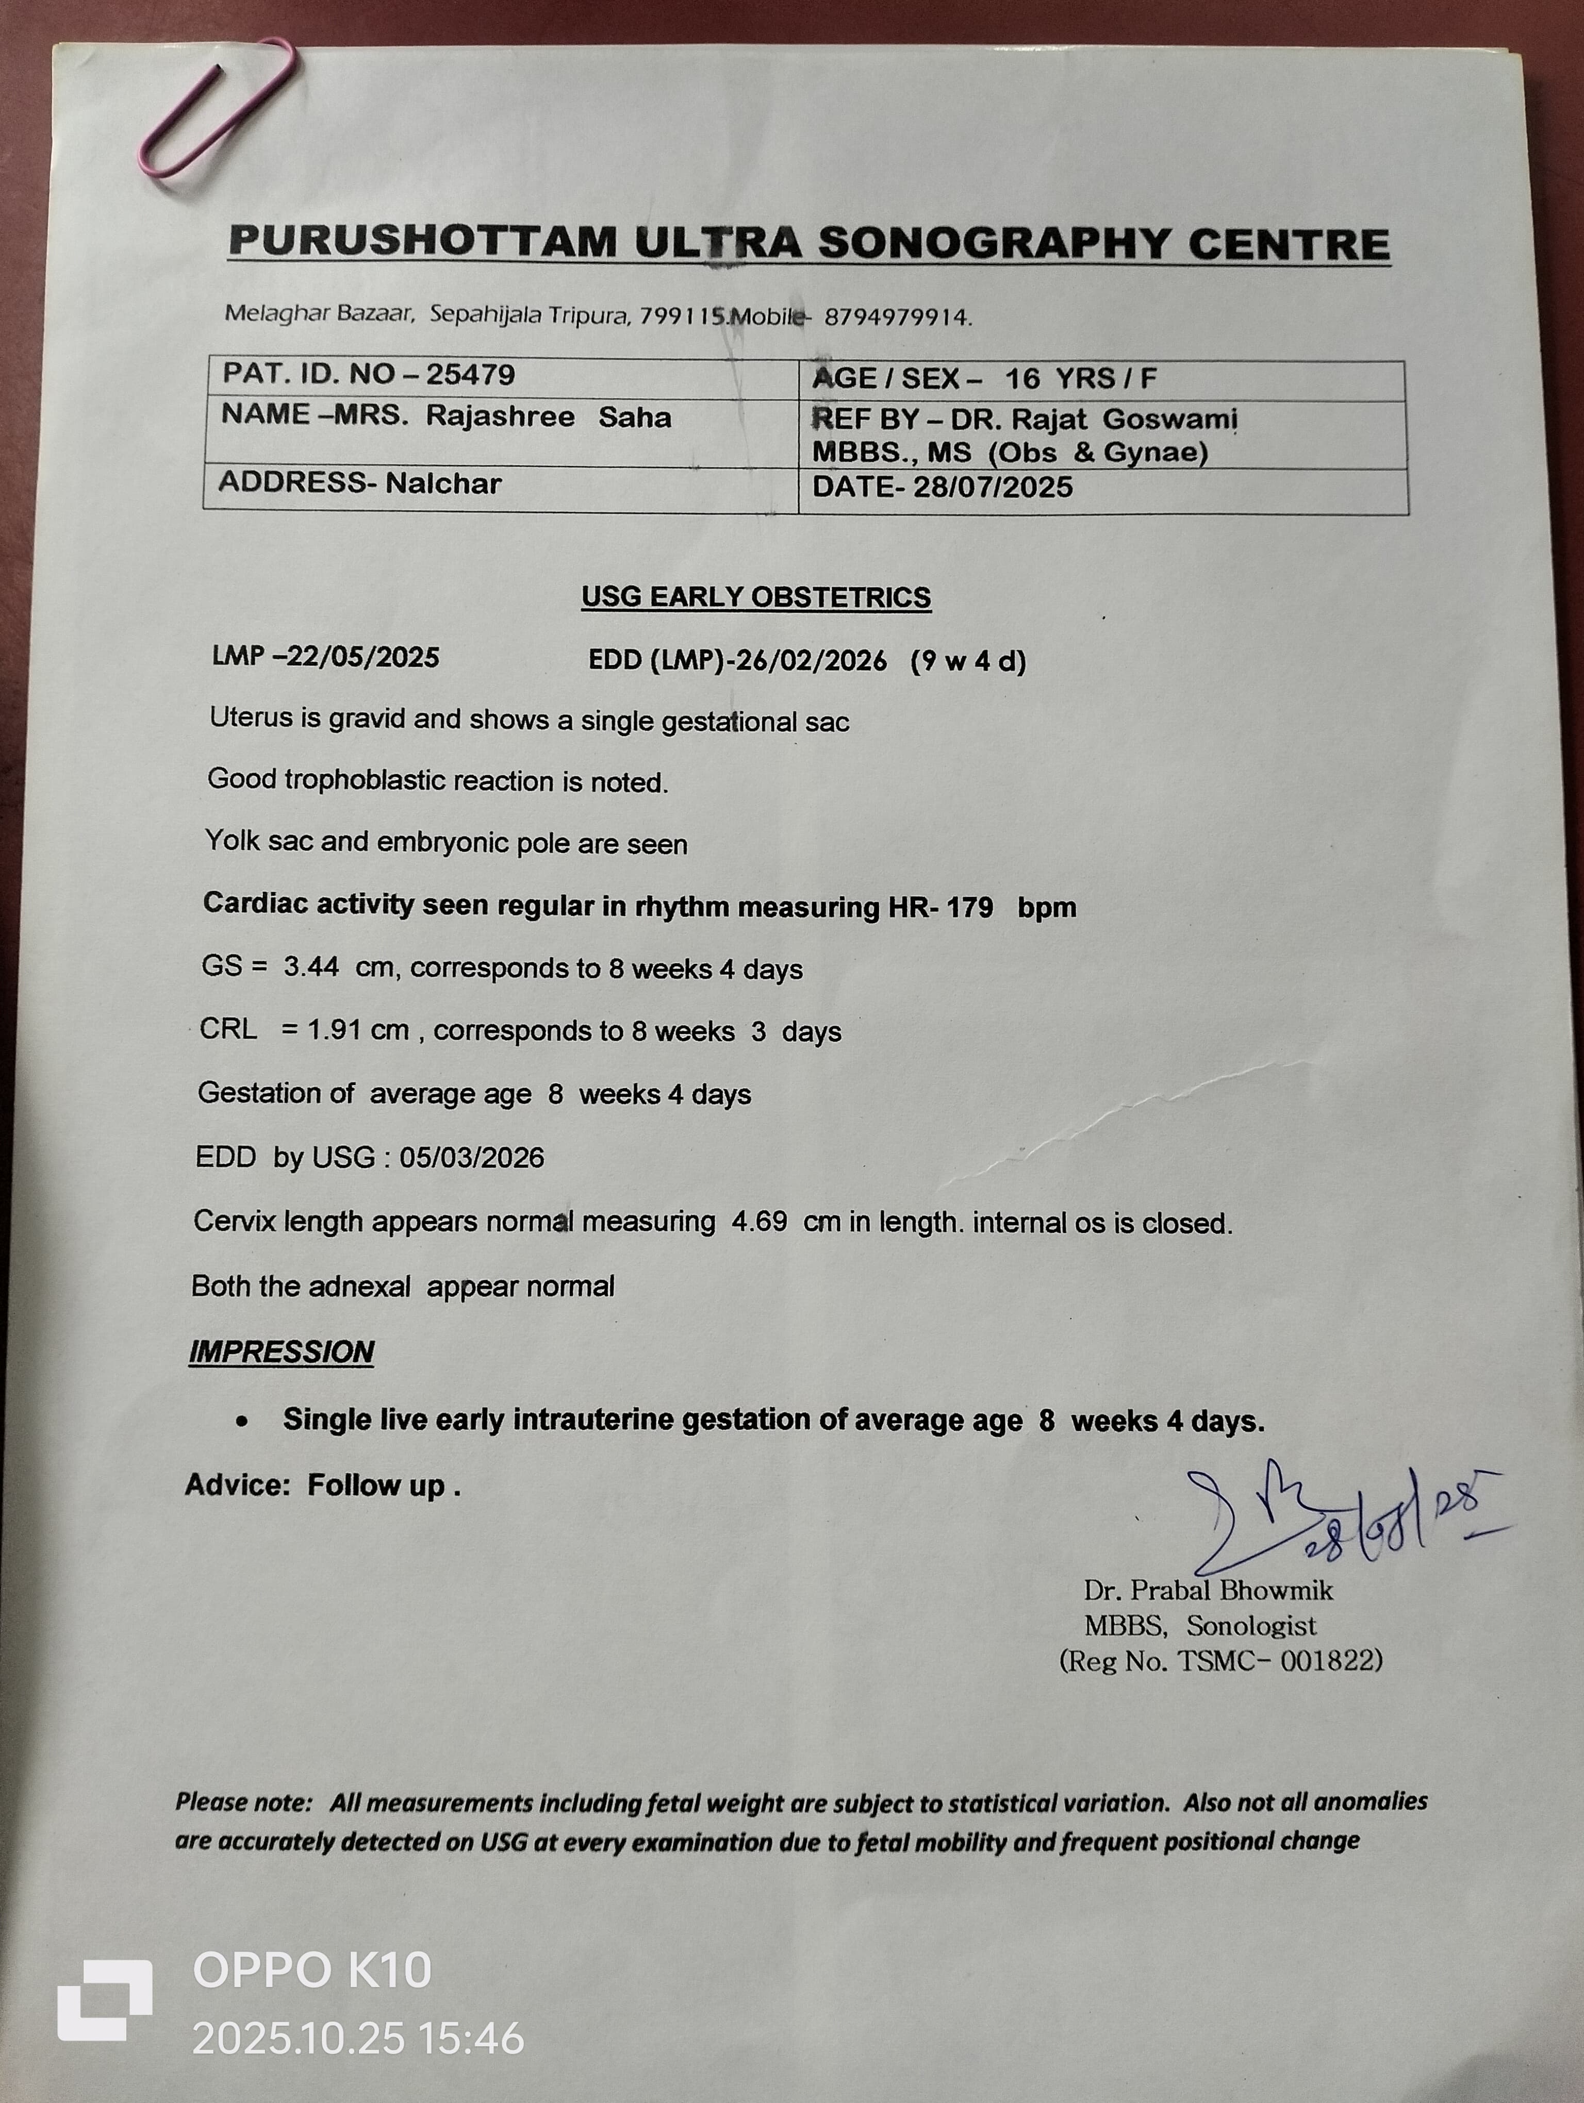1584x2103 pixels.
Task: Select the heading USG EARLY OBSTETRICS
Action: click(756, 597)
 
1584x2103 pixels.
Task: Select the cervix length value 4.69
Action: click(758, 1222)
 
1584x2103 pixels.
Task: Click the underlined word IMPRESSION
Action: click(282, 1351)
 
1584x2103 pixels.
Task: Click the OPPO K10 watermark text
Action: click(312, 1971)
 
